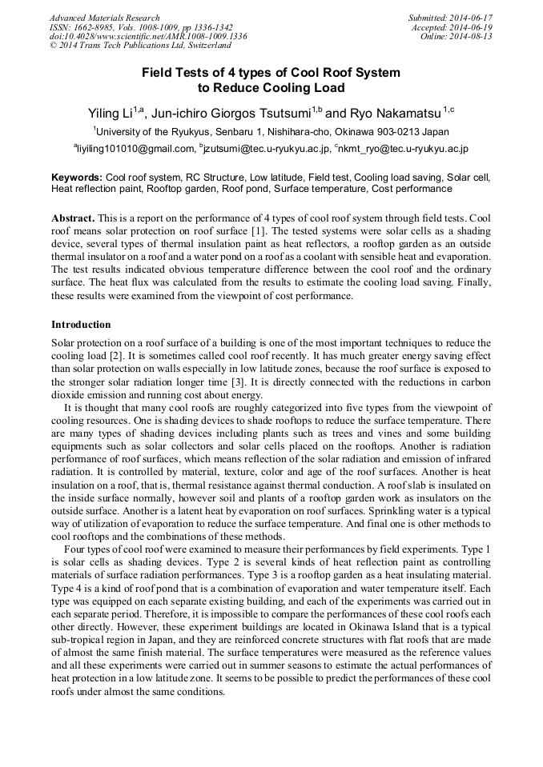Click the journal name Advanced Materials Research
coord(104,18)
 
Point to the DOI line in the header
coord(148,37)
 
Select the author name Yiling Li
coord(110,113)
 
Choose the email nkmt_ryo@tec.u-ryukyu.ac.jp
coord(404,149)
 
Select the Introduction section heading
coord(81,325)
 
